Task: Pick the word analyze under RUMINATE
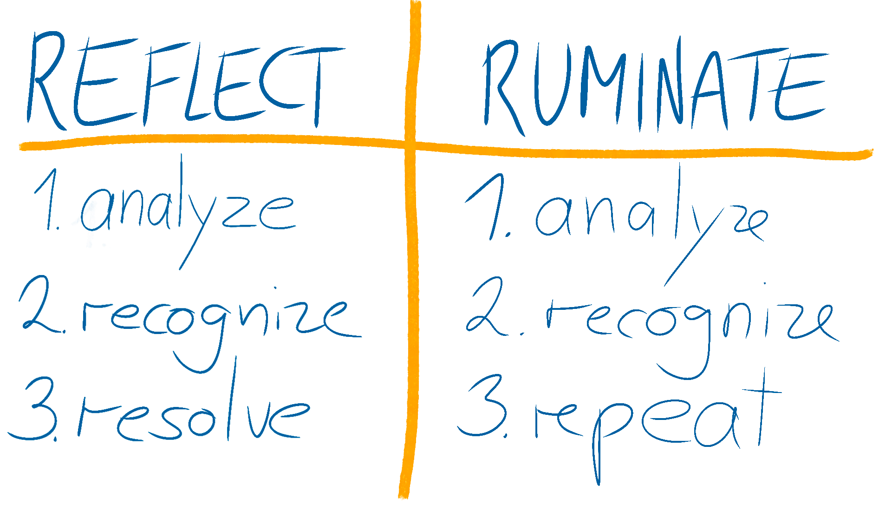[650, 218]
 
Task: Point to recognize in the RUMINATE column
[687, 323]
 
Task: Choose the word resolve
[190, 418]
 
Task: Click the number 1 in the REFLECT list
[49, 200]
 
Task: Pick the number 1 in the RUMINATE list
[488, 207]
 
